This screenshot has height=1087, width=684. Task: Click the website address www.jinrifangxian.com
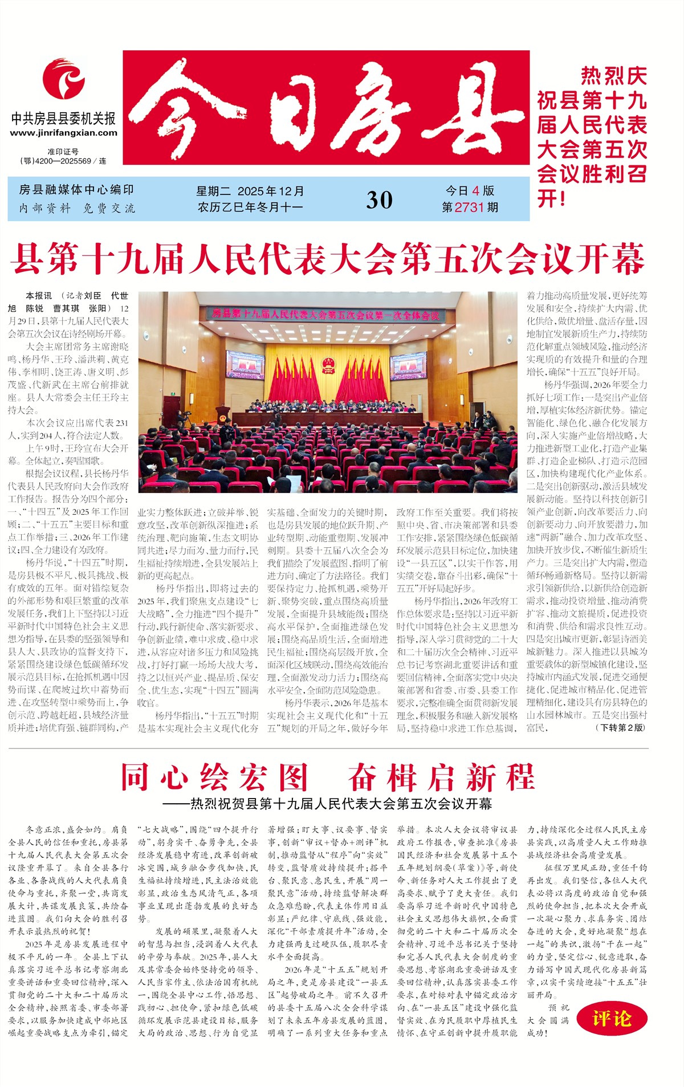63,133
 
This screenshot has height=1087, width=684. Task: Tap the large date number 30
379,200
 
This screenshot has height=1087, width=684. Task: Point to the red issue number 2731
469,207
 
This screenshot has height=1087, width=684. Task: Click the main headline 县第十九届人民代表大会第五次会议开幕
328,258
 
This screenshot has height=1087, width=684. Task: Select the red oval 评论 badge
612,1018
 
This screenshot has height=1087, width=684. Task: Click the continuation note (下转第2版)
620,727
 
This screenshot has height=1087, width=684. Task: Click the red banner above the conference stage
325,314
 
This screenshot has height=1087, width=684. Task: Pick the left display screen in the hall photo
245,365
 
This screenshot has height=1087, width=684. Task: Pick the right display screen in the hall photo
408,365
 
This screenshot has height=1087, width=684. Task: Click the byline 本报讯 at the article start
38,296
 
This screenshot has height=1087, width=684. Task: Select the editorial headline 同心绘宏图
214,776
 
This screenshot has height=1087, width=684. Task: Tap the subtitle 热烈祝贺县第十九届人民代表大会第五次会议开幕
341,804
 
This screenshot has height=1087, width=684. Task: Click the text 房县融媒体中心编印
76,190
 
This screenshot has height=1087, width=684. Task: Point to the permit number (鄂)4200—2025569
59,161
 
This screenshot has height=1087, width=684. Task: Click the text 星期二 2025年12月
250,191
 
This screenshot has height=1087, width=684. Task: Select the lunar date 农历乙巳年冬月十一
250,207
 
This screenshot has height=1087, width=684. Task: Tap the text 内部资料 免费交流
77,208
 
